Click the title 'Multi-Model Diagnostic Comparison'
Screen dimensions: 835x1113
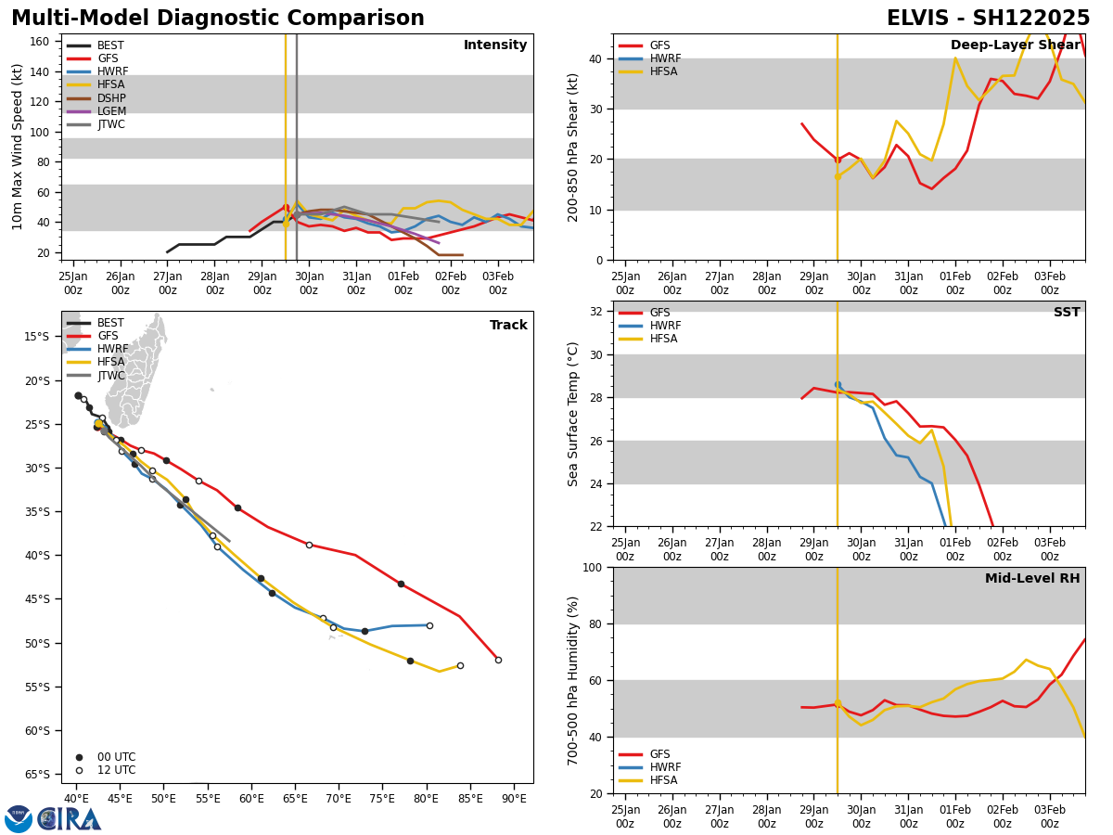(x=218, y=19)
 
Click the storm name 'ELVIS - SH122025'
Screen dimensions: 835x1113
(x=988, y=19)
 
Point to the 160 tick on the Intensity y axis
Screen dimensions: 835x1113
(x=40, y=42)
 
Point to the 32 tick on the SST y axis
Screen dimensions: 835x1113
(x=597, y=312)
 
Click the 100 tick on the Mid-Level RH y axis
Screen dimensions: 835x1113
(x=592, y=567)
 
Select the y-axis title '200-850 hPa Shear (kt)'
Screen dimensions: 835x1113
(x=573, y=147)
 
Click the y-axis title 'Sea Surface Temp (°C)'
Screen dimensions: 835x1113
(x=573, y=414)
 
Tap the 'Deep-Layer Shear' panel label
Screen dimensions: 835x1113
(x=1015, y=45)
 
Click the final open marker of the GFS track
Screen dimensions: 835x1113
(x=498, y=660)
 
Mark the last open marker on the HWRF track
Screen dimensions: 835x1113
(x=429, y=625)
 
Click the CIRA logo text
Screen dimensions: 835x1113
(x=69, y=819)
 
